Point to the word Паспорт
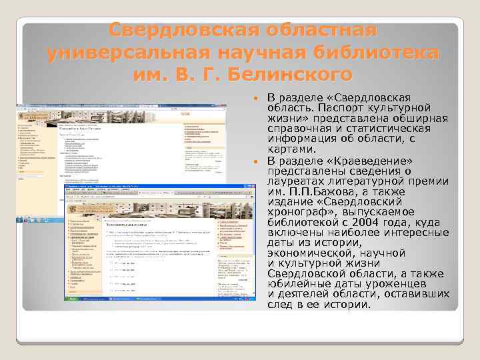[341, 108]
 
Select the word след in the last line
[279, 305]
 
